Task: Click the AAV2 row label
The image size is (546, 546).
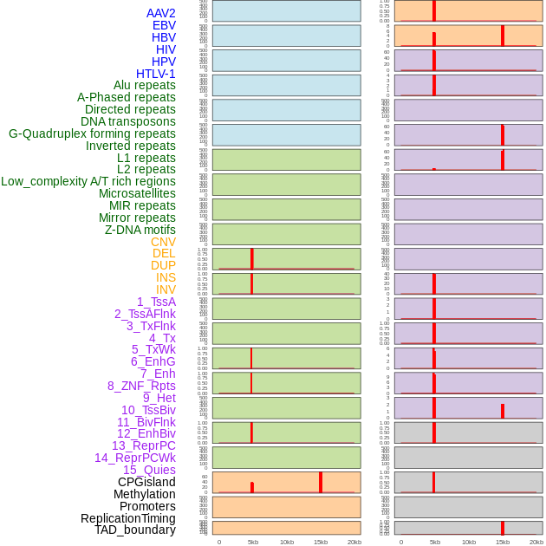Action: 160,13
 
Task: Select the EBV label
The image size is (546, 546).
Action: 164,25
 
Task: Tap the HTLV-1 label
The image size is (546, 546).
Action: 155,74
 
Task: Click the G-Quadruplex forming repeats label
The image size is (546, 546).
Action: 92,133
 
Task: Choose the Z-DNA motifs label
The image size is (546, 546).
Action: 140,230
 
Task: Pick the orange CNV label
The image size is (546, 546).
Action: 163,242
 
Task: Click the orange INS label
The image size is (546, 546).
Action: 166,277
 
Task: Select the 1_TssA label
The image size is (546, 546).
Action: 156,302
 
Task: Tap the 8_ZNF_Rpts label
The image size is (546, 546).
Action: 141,386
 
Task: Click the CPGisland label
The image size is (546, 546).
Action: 146,482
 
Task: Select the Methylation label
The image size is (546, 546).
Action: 144,494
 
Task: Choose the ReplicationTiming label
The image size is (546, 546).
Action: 127,518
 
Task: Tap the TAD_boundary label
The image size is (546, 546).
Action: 135,530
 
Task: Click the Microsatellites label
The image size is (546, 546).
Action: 137,193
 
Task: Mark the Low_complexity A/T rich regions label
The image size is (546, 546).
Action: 88,181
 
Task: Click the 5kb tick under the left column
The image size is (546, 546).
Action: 253,542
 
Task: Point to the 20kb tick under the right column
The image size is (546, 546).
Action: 536,542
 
